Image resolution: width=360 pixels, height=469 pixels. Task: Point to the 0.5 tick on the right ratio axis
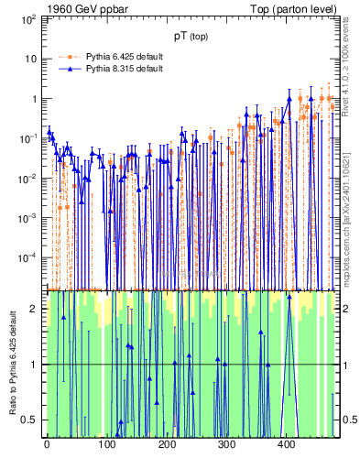[x=348, y=420]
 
